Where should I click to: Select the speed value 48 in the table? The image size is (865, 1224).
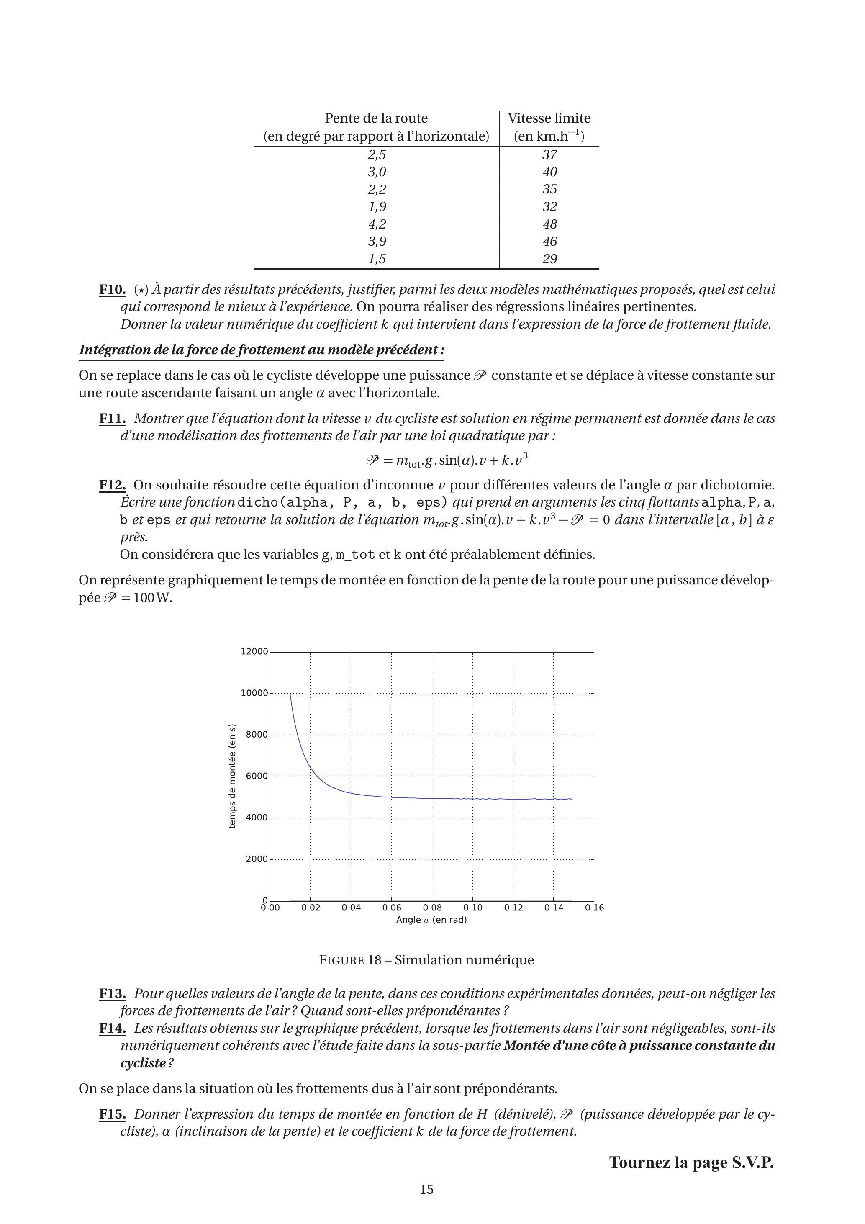(x=549, y=224)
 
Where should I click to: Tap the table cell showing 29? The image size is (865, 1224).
(x=549, y=259)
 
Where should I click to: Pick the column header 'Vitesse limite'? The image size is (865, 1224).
(x=549, y=118)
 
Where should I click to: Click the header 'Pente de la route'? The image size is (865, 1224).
(x=376, y=118)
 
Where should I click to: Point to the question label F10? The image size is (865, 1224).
(x=113, y=290)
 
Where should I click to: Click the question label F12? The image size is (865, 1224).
(x=113, y=485)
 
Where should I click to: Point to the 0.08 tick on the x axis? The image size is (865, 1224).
(x=432, y=908)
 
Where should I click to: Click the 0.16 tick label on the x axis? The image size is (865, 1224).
(x=594, y=908)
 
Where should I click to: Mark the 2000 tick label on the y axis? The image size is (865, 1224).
(x=257, y=859)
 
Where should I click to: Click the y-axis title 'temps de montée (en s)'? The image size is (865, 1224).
(x=232, y=776)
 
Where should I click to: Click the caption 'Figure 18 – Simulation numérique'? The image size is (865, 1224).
(x=426, y=960)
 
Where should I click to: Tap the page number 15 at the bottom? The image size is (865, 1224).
(x=427, y=1189)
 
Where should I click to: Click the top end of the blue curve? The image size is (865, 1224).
(x=290, y=694)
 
